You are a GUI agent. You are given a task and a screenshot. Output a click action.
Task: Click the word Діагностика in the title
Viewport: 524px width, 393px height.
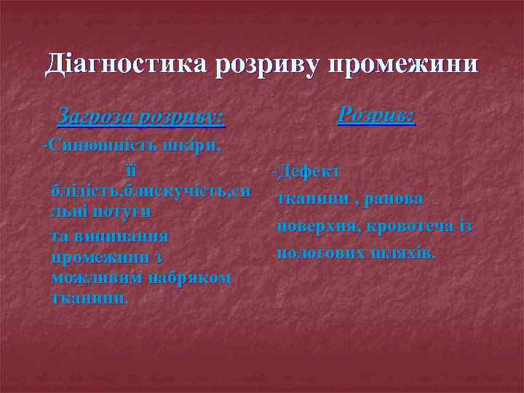tap(125, 64)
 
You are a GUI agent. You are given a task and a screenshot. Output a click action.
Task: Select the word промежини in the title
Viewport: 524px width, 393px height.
tap(405, 64)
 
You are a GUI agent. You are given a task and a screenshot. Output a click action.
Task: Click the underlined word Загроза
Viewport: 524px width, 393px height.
tap(95, 116)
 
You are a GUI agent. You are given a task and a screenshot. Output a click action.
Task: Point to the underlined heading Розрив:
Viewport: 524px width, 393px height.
tap(377, 114)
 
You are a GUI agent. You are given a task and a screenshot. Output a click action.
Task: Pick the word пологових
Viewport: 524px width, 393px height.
tap(317, 253)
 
